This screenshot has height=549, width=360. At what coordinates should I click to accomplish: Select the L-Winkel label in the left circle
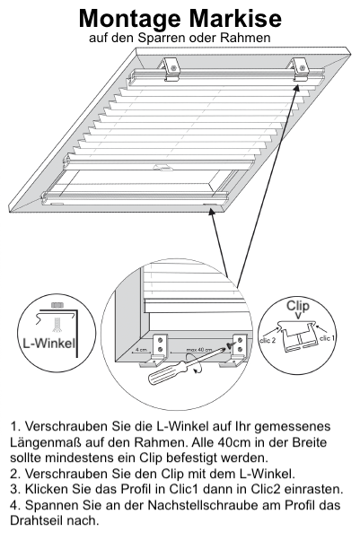(x=49, y=343)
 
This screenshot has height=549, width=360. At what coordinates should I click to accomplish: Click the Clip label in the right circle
(x=298, y=306)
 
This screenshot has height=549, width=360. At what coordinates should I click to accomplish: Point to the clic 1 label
(x=328, y=338)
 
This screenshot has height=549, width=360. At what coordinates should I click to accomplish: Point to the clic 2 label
(x=268, y=340)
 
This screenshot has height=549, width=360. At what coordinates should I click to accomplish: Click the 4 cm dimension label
(x=141, y=350)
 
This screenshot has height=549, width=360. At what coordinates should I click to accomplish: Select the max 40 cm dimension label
(x=199, y=350)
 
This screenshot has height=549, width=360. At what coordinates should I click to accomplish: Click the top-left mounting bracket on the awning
(x=171, y=68)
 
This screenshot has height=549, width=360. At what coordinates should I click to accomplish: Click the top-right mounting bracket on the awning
(x=301, y=70)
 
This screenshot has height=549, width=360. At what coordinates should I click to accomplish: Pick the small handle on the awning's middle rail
(x=163, y=168)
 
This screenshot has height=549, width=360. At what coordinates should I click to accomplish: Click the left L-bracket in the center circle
(x=157, y=350)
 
